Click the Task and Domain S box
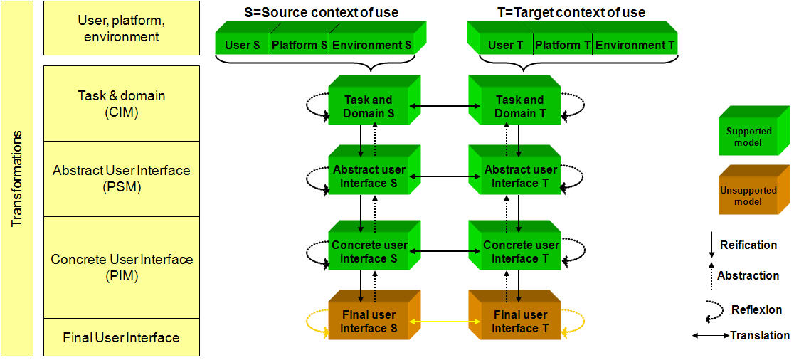point(369,106)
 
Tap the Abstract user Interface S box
point(369,176)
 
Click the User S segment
point(243,45)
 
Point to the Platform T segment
point(563,45)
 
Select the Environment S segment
point(372,45)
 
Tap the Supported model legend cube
point(751,135)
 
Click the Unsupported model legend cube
point(751,194)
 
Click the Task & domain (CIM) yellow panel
point(122,103)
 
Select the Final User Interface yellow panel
point(122,338)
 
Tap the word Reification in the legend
point(748,245)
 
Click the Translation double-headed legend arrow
point(710,335)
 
